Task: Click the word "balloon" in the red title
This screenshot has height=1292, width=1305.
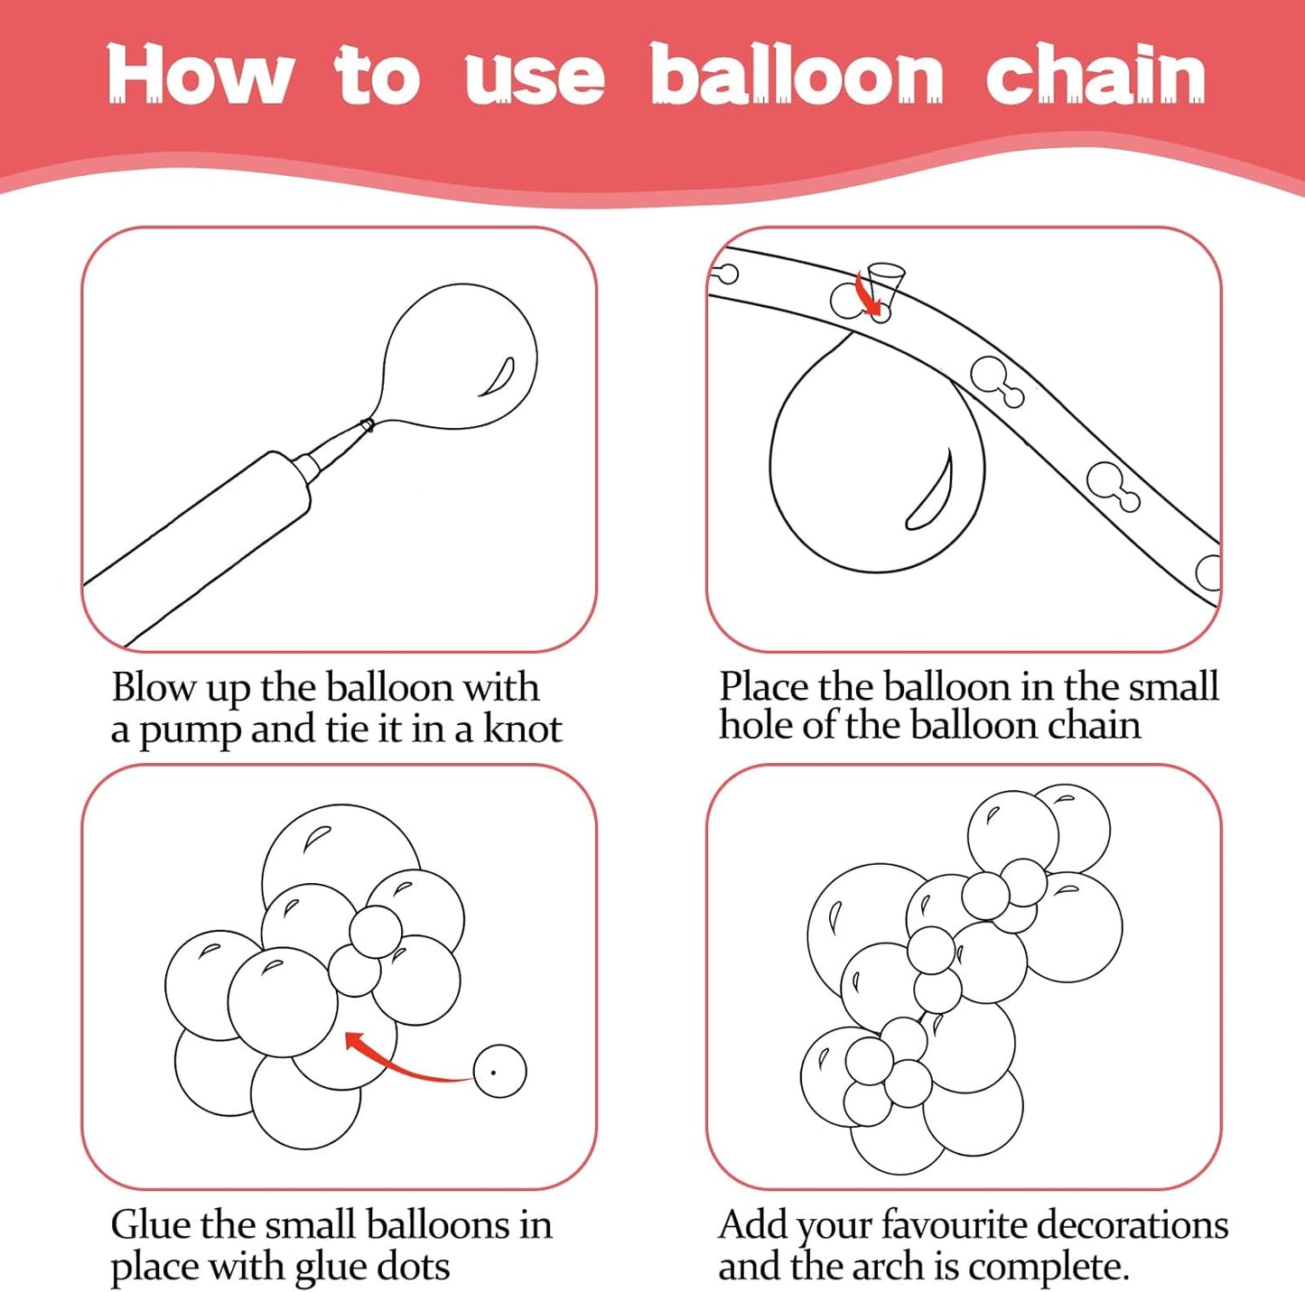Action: pyautogui.click(x=797, y=73)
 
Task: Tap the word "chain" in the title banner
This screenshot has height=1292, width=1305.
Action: pyautogui.click(x=1095, y=73)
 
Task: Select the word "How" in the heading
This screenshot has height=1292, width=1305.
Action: pyautogui.click(x=200, y=74)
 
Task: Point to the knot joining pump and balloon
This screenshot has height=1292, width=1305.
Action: pyautogui.click(x=368, y=425)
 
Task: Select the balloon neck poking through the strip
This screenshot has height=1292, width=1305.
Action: pyautogui.click(x=885, y=284)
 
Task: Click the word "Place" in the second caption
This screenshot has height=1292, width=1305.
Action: pyautogui.click(x=764, y=686)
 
